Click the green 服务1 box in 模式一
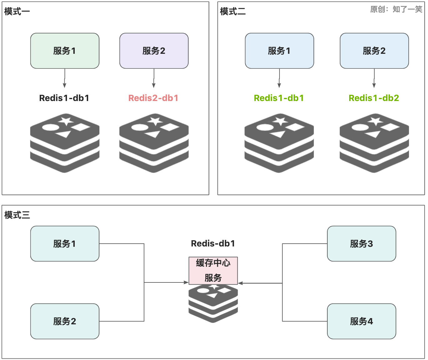click(65, 51)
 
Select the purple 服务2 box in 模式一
click(154, 51)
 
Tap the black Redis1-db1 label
click(64, 98)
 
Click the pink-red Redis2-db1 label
click(153, 98)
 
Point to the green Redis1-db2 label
click(374, 98)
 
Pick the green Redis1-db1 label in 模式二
click(279, 98)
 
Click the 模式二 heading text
click(233, 11)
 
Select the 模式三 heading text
click(17, 215)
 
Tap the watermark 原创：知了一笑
click(396, 9)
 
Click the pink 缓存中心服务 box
click(213, 271)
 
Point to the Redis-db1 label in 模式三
click(213, 243)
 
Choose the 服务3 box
click(362, 244)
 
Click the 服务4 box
click(362, 321)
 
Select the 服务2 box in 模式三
click(65, 321)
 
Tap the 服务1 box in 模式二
click(279, 51)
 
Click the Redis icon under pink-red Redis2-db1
click(154, 143)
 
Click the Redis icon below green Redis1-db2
click(374, 143)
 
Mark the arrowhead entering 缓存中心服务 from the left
click(186, 282)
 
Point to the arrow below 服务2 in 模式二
click(374, 78)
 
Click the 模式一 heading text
click(17, 11)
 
